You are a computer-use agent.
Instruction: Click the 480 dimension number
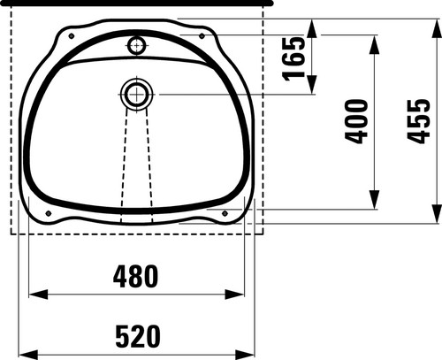135,276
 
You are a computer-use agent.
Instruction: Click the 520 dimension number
138,336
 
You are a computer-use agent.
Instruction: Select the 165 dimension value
293,58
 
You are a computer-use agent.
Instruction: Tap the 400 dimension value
356,121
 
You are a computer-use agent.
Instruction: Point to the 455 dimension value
418,121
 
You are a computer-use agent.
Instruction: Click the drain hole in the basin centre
137,95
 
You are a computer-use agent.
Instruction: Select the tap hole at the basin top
137,45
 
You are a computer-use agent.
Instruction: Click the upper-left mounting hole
72,36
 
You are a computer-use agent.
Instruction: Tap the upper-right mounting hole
202,36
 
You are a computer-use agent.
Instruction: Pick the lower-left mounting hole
49,213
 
